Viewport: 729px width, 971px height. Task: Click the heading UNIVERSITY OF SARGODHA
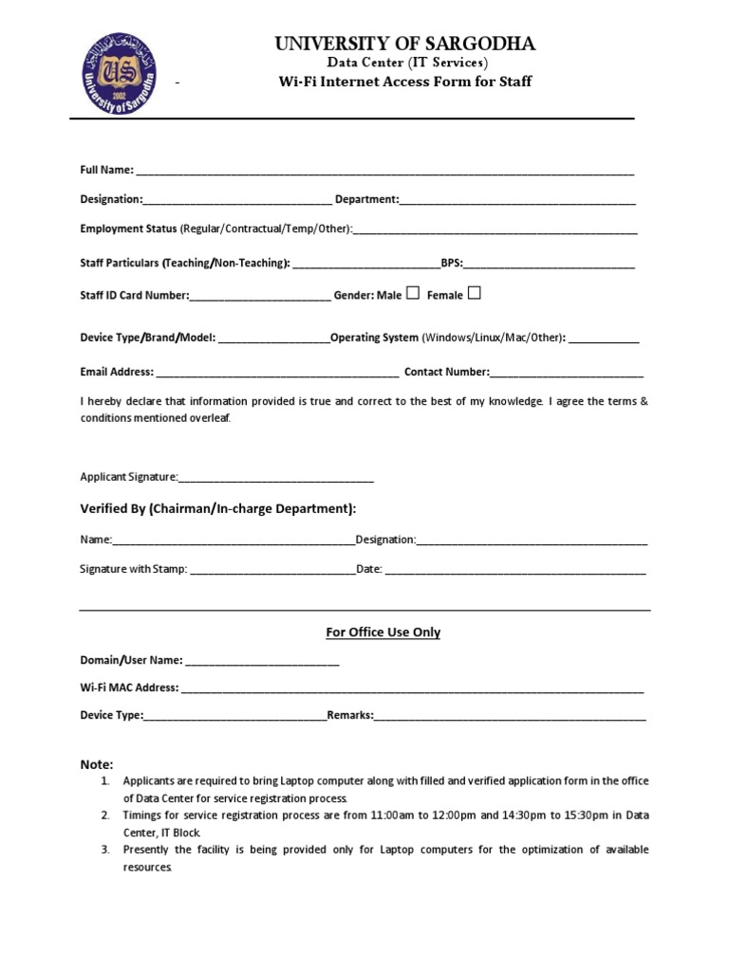(405, 44)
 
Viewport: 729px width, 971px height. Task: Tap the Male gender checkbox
(413, 294)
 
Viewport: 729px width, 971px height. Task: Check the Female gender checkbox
(475, 294)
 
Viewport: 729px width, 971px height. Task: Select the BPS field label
(452, 263)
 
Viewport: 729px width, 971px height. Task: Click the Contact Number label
(447, 372)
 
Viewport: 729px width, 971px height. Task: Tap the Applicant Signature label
(129, 477)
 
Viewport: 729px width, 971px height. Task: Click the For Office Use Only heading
(383, 632)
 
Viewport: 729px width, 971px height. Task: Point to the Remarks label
(350, 716)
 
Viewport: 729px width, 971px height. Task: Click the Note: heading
(96, 764)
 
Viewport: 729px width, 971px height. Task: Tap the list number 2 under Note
(105, 815)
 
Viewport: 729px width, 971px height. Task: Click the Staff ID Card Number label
(135, 296)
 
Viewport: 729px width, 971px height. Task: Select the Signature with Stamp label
(134, 570)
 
